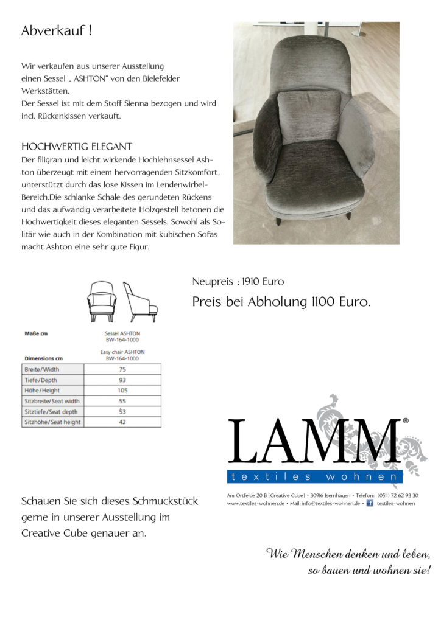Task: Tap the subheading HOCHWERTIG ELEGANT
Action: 77,147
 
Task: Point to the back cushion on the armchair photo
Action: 309,117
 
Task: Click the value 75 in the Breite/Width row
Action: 122,369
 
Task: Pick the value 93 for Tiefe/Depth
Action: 122,380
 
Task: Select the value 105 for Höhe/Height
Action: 122,391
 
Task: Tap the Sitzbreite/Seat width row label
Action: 52,401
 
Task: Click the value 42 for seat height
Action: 122,422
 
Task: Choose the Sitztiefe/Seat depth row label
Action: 52,412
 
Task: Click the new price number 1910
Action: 253,282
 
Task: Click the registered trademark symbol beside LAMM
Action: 406,421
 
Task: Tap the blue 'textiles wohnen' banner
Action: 314,476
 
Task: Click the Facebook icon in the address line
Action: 369,503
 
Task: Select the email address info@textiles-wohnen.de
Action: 331,504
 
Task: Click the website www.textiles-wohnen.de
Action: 256,504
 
